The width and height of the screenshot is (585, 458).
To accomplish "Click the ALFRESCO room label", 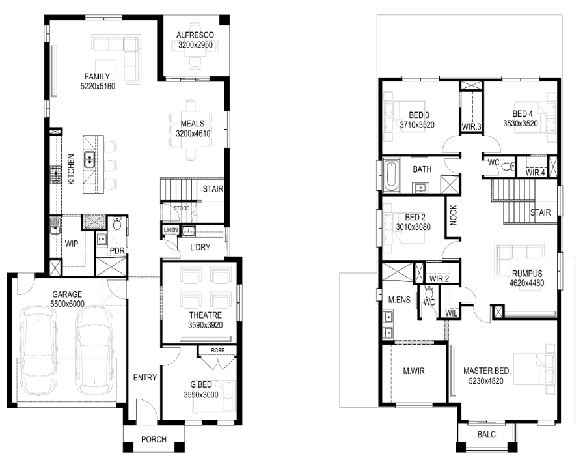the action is pos(195,35).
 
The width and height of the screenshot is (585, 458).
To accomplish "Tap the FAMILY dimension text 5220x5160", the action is pos(98,86).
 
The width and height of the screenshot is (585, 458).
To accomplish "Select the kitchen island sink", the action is pos(89,160).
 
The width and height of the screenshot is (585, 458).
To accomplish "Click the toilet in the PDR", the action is pos(117,223).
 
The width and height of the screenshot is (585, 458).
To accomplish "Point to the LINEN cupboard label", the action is pos(170,230).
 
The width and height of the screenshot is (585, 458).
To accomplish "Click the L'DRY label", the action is pos(200,247).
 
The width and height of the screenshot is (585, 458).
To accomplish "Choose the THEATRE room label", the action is pos(206,315).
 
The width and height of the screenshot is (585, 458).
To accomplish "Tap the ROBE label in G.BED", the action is pos(217,350).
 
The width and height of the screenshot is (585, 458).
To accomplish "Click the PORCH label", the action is pos(154,439).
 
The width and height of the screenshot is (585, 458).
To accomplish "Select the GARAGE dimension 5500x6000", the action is pos(67,304).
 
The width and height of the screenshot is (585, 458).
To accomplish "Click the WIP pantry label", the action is pos(72,244).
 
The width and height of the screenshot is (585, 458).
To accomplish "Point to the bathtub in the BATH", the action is pos(391,175).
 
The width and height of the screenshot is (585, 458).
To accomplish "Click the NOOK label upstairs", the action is pos(454,215).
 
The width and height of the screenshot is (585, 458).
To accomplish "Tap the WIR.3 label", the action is pos(471,126).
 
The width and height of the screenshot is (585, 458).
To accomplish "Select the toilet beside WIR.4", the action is pos(507,165).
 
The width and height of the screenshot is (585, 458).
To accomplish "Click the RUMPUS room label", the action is pos(527,274).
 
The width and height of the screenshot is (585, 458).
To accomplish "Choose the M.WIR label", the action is pos(414,371).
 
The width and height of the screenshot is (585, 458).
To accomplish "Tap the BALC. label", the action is pos(487,435).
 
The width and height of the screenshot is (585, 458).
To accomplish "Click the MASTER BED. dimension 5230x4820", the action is pos(486,381).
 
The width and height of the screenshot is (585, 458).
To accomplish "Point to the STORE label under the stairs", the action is pos(182,208).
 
